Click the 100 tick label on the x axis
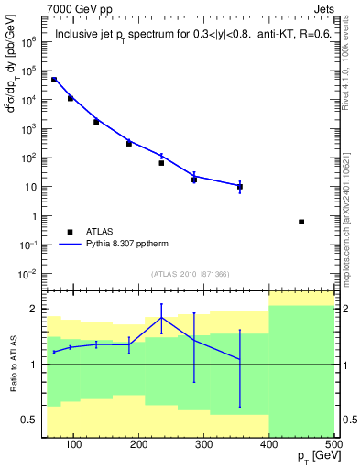click(72, 444)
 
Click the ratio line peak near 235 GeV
click(161, 318)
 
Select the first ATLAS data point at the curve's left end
click(54, 80)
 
